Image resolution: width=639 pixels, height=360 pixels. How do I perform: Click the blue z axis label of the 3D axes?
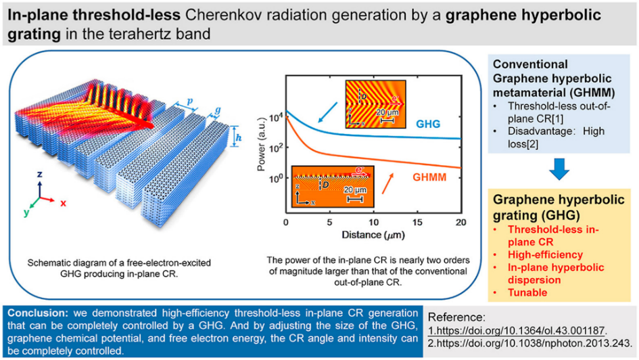39,174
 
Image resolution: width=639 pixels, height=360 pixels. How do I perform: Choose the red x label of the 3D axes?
62,202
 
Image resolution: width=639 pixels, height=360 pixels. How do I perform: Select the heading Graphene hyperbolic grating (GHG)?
542,206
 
